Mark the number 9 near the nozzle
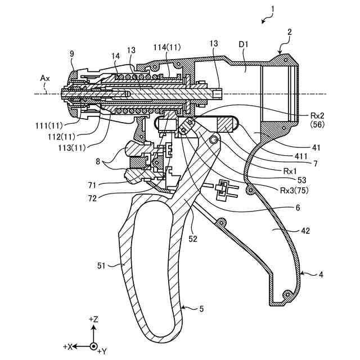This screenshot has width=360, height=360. click(71, 54)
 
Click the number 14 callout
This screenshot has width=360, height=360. click(115, 56)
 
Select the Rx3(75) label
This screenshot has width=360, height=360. click(294, 190)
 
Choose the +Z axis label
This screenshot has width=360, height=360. click(93, 319)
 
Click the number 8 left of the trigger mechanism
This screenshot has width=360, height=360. click(99, 161)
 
